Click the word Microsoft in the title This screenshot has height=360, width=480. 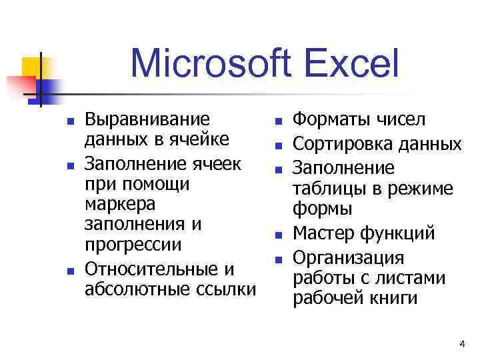pos(211,65)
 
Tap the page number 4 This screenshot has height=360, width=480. pos(462,343)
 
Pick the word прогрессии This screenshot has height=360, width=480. pos(133,245)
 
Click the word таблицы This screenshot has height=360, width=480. pos(328,189)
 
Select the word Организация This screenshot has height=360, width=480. pos(349,257)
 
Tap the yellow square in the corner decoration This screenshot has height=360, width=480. pos(31,66)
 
